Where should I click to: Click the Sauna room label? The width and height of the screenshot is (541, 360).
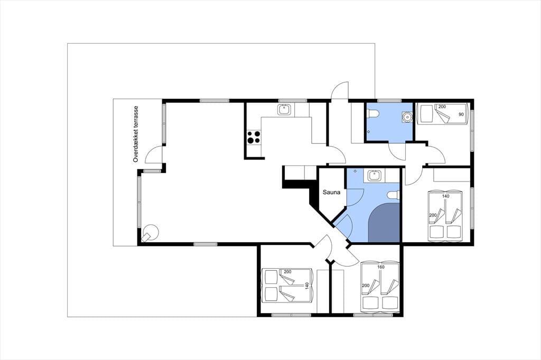point(331,192)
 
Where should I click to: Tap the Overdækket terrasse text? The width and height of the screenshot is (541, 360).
point(136,134)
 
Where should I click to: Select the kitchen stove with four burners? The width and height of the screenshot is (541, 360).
point(253,137)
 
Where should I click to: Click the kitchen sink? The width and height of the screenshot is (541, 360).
point(284,110)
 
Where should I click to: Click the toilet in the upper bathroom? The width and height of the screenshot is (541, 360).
point(372,113)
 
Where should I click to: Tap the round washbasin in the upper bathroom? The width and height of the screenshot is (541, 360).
point(407,117)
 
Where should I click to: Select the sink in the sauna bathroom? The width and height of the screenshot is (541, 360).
point(374,176)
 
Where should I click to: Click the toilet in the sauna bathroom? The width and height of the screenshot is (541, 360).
point(393,195)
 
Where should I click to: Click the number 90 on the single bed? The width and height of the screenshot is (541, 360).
point(461,115)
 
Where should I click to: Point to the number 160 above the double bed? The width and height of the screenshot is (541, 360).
point(381,267)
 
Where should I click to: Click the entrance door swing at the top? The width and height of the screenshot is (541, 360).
point(340,90)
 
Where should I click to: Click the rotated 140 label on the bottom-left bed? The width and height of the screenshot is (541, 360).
point(307,286)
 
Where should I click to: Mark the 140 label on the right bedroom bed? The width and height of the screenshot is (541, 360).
point(446,196)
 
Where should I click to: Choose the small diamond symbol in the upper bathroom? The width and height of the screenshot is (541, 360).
point(368,132)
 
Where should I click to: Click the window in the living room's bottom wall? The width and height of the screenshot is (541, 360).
point(206,244)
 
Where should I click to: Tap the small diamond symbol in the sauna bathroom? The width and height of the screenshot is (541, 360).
point(355,170)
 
